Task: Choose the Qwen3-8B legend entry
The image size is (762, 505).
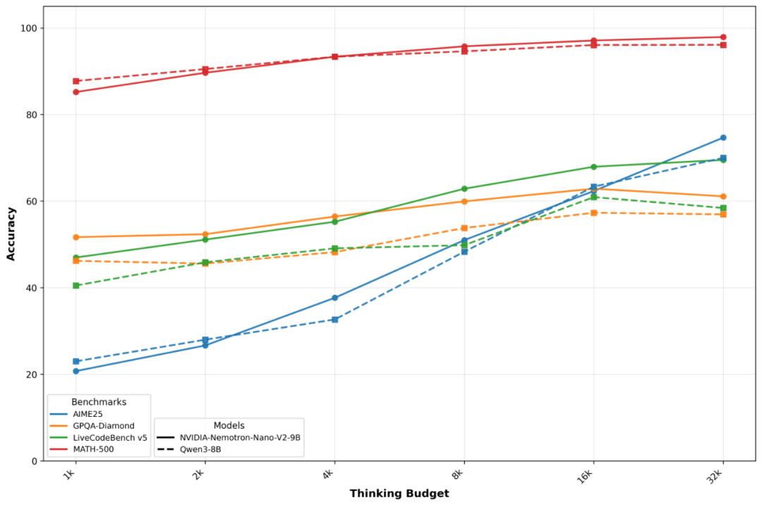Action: pyautogui.click(x=200, y=449)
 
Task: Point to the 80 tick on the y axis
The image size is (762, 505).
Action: pyautogui.click(x=32, y=114)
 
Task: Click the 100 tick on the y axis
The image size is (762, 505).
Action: pyautogui.click(x=30, y=28)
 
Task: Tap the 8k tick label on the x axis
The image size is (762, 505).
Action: pyautogui.click(x=461, y=475)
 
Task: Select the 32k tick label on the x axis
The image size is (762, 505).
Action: pyautogui.click(x=719, y=476)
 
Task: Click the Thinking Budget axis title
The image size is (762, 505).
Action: pyautogui.click(x=399, y=494)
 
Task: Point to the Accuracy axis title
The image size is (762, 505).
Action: pyautogui.click(x=11, y=233)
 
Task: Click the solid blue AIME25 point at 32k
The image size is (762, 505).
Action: pyautogui.click(x=723, y=138)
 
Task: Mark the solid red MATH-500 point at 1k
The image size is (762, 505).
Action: pyautogui.click(x=75, y=92)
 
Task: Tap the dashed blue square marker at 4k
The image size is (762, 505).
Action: pyautogui.click(x=334, y=320)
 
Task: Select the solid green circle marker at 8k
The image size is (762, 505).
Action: pyautogui.click(x=464, y=189)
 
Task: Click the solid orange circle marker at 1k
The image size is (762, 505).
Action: pyautogui.click(x=75, y=237)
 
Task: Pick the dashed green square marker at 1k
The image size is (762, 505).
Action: pyautogui.click(x=75, y=286)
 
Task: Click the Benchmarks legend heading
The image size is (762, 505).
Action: pyautogui.click(x=98, y=401)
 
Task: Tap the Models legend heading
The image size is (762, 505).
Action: pyautogui.click(x=229, y=425)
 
